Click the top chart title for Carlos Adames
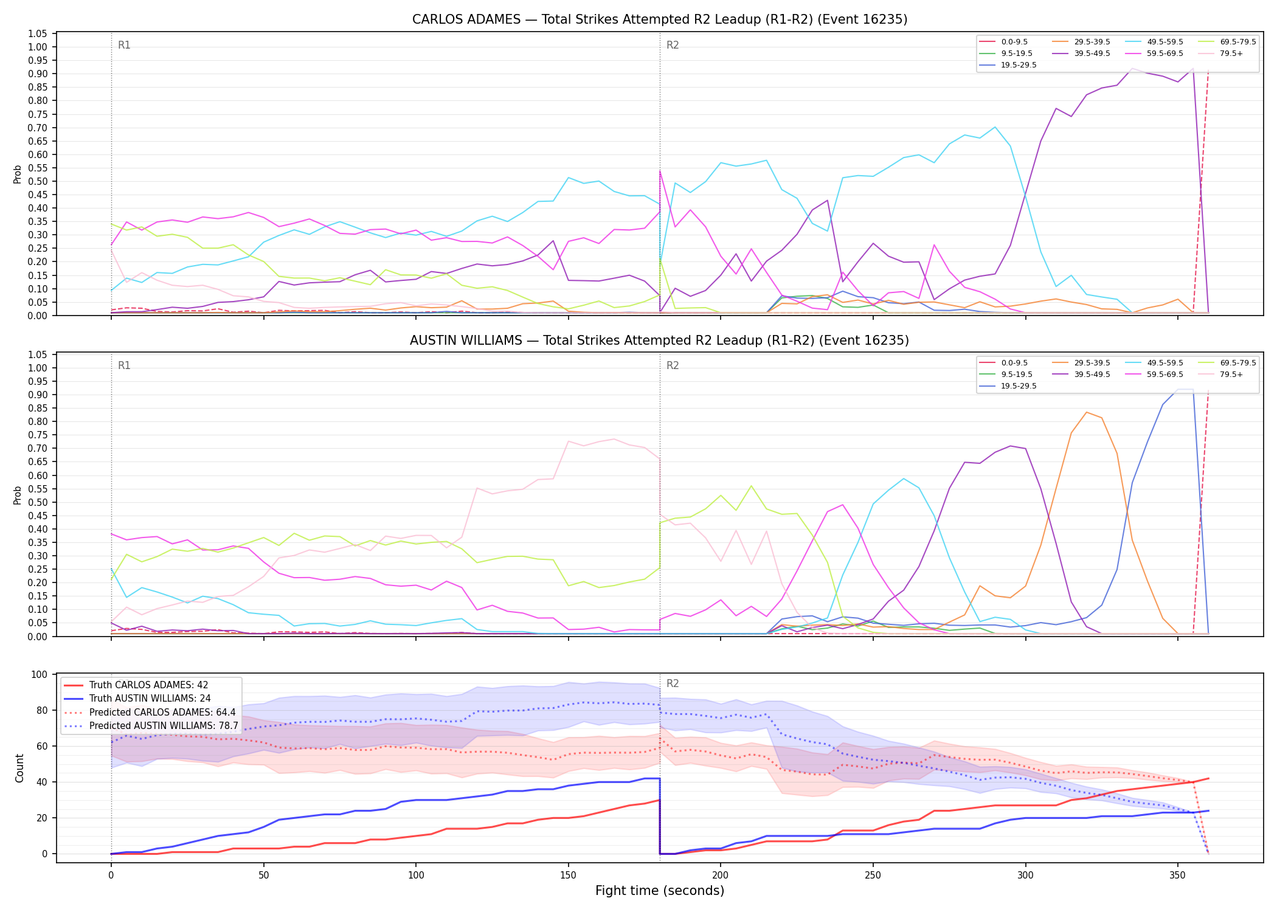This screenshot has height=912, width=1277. pos(660,19)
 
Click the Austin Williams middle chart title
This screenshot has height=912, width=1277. pos(660,340)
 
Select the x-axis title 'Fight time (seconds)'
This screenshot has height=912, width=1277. pos(660,891)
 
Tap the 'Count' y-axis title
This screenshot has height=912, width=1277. pos(19,768)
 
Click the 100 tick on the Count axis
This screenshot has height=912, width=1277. pos(40,674)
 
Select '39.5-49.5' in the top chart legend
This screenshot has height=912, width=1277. pos(1092,54)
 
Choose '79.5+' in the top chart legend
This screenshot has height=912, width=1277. pos(1231,54)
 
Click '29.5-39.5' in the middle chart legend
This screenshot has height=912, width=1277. pos(1092,363)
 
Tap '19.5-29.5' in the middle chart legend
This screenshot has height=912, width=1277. pos(1019,386)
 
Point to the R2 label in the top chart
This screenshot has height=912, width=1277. pos(673,45)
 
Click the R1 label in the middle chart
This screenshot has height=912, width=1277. pos(124,365)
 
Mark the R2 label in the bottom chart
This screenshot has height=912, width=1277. pos(673,683)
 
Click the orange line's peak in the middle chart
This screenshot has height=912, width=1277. pos(1087,412)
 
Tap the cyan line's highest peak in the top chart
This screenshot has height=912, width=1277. pos(995,127)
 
